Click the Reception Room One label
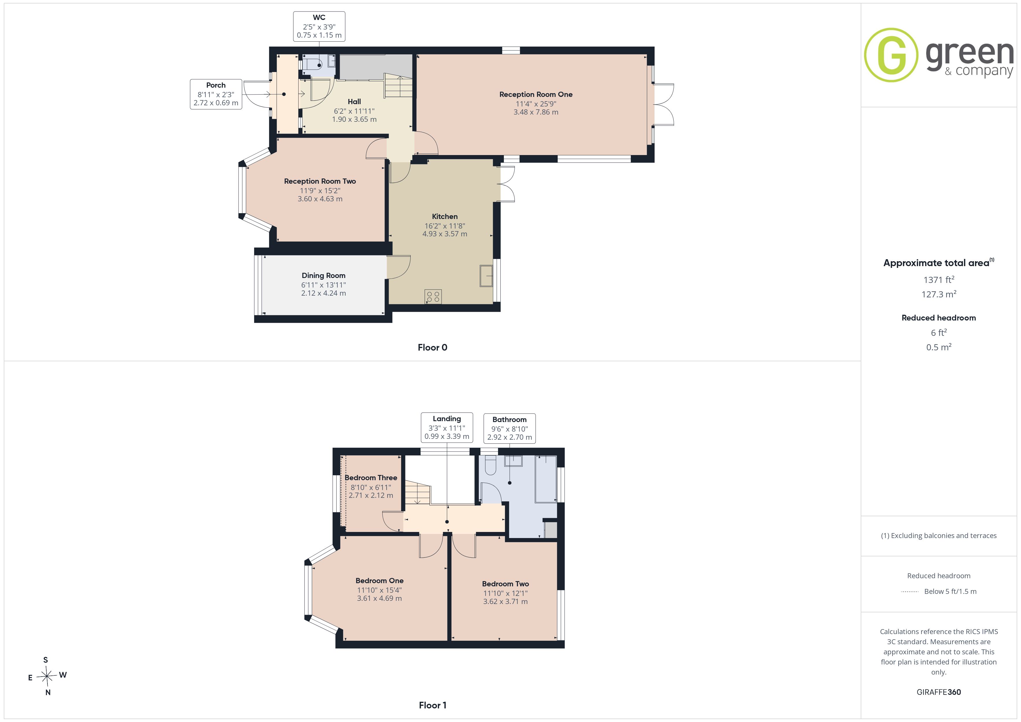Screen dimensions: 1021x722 click(536, 94)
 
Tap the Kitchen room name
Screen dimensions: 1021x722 click(445, 216)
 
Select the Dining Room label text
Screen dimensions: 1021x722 click(323, 276)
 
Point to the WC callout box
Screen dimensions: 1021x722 click(319, 27)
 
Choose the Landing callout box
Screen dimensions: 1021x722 click(447, 427)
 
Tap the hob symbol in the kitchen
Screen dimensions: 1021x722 click(433, 296)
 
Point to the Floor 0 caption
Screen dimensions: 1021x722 click(432, 348)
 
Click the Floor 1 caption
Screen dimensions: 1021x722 click(432, 705)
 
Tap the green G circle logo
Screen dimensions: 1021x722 click(891, 55)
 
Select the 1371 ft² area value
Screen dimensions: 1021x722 click(939, 280)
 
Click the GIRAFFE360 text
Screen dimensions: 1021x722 click(939, 692)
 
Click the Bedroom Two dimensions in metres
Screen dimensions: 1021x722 click(505, 601)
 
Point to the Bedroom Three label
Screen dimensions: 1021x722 click(371, 478)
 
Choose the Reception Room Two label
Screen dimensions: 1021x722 click(320, 181)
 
